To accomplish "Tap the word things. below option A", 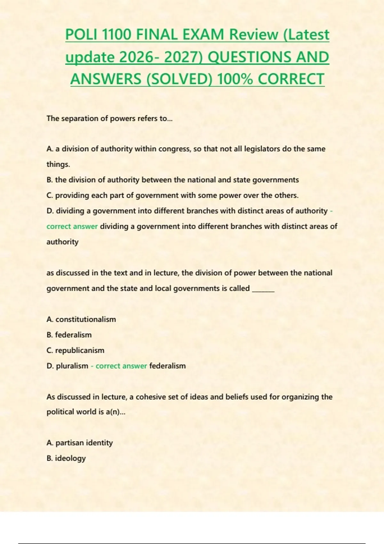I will (58, 164).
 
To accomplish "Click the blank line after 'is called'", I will (263, 289).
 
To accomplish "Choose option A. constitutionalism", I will (81, 319).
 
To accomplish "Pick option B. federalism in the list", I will (69, 335).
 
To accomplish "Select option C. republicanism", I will (76, 350).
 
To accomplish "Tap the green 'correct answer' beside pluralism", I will (121, 366).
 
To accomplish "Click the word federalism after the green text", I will (167, 366).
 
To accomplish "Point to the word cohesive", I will (149, 397).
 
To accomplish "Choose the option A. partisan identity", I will (80, 443).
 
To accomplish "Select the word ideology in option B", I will (70, 458).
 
